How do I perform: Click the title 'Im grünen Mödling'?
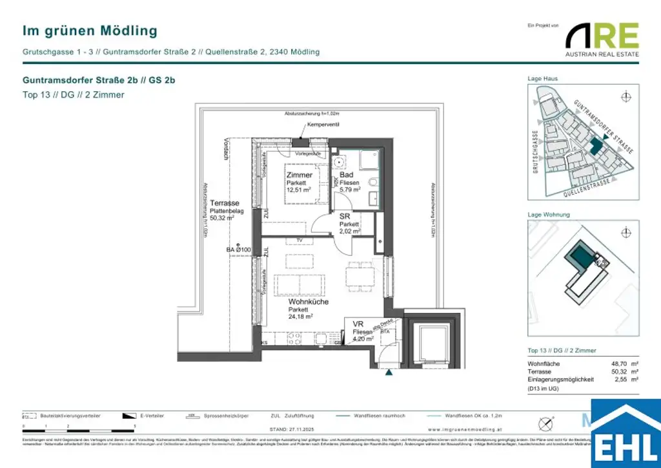click(x=90, y=30)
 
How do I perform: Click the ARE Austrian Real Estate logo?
click(x=602, y=39)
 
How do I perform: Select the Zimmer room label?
click(x=300, y=175)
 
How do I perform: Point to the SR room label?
click(x=345, y=217)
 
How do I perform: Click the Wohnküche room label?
click(x=309, y=302)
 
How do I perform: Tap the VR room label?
click(x=358, y=324)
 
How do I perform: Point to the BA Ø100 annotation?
click(x=238, y=249)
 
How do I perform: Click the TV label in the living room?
click(x=299, y=240)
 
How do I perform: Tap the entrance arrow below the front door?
click(x=389, y=372)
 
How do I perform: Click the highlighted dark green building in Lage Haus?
click(x=595, y=144)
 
